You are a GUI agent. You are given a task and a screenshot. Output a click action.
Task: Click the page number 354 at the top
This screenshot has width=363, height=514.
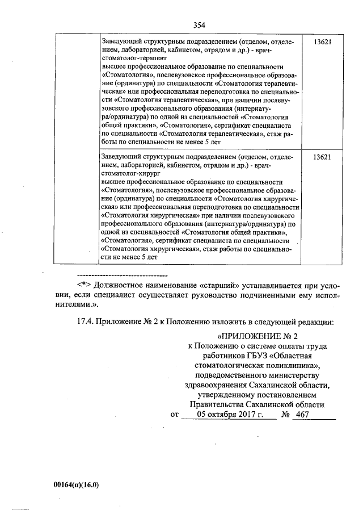point(199,25)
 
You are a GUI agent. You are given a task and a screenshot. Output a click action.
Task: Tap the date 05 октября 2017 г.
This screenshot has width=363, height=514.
point(227,415)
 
